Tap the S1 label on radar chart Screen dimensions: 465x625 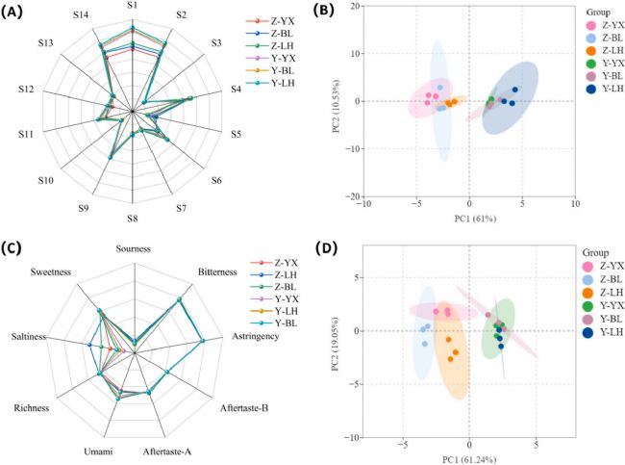coord(133,7)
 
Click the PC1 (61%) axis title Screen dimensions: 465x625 coord(469,219)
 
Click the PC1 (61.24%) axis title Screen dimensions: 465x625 coord(468,456)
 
